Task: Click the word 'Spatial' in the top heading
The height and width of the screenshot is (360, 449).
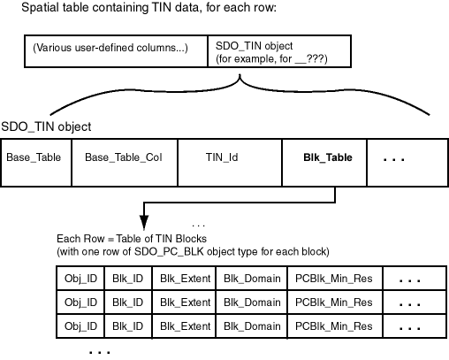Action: click(x=42, y=10)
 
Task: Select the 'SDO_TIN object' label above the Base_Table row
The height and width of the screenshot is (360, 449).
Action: click(x=46, y=127)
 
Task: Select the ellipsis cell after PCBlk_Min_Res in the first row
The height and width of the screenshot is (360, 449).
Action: click(x=409, y=280)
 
